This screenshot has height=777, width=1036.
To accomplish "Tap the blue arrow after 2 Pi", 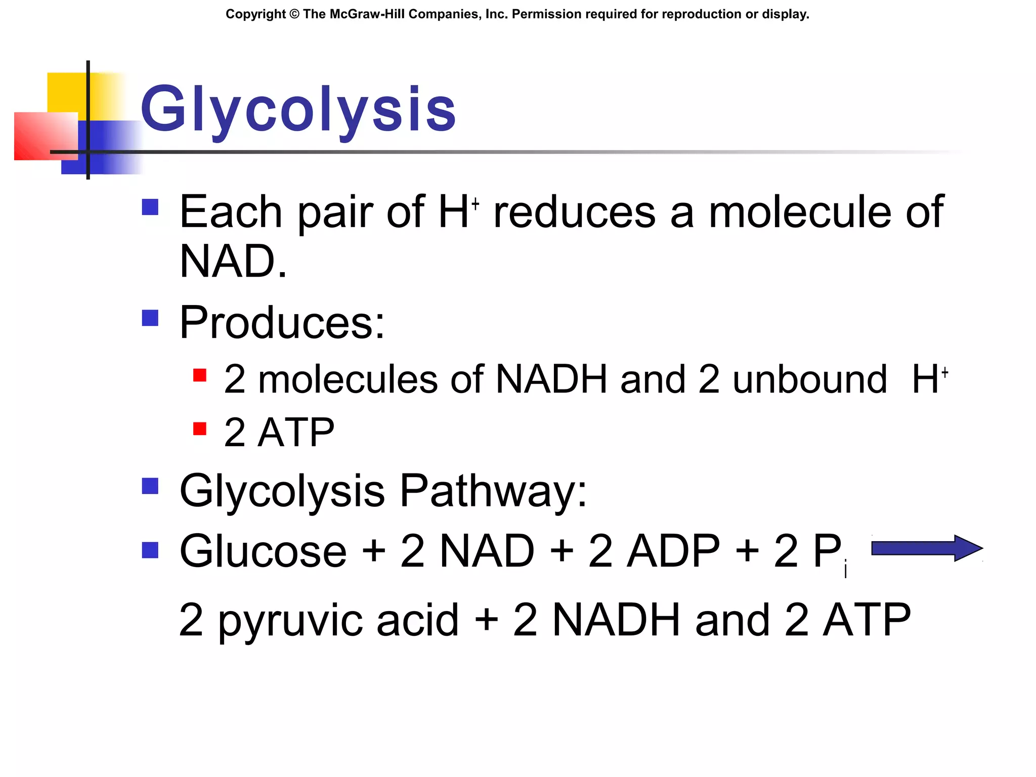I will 926,548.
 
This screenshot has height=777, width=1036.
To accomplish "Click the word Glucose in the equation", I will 263,551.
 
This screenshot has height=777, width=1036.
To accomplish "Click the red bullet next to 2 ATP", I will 200,429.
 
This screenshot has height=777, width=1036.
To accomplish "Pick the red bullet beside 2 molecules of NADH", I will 200,375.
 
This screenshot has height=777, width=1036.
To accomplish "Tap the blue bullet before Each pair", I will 150,207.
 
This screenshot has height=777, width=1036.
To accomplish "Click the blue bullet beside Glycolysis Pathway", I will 150,486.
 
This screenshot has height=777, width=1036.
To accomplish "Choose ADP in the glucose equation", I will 673,551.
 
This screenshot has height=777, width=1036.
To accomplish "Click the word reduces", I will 575,212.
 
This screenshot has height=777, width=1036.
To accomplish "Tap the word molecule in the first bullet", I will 800,212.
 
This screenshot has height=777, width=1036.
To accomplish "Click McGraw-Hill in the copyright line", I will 367,14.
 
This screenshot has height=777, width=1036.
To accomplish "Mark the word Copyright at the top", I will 255,14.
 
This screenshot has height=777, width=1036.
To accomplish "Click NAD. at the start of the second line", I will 233,262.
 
